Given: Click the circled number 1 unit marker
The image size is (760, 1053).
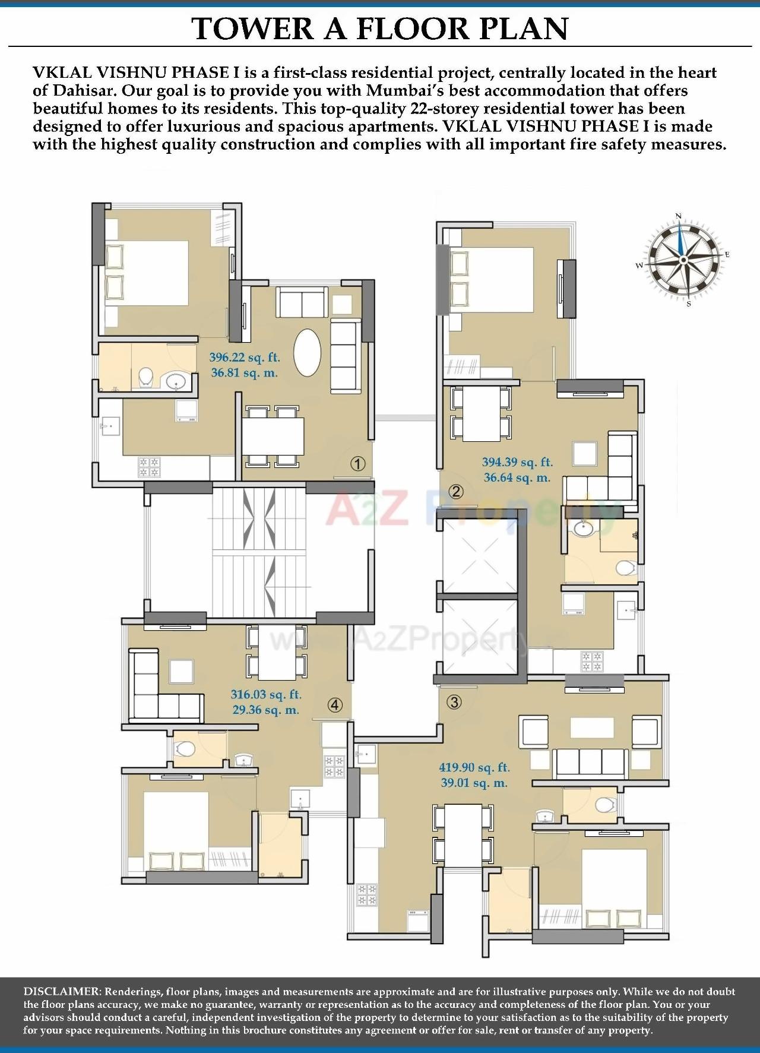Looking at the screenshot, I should point(357,464).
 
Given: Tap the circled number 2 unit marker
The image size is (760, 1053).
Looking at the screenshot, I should point(456,491).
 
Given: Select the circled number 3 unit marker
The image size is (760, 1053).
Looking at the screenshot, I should point(454,702).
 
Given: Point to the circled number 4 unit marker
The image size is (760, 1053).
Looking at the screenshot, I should point(335,705).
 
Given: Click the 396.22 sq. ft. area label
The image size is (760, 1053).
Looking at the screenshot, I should point(244,358).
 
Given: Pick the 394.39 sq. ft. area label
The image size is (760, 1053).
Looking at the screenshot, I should point(517,462).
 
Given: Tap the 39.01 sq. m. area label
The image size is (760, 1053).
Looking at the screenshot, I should point(474,783).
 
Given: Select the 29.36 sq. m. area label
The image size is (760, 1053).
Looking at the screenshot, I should point(265,710).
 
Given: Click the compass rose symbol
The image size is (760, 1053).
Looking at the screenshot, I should point(684,259).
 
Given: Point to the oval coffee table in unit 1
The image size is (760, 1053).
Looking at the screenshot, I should point(307,352).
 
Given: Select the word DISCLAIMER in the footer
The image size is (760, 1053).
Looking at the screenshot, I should point(62,991).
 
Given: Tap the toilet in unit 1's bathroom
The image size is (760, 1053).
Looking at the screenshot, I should point(145,376).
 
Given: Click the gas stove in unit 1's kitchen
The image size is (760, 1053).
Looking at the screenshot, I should point(148,467).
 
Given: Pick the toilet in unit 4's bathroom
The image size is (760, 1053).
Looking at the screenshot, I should point(184,750).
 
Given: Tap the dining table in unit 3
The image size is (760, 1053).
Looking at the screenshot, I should point(463,834).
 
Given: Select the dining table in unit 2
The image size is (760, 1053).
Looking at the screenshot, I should point(481,413).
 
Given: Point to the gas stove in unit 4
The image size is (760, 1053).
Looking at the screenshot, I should point(334,766).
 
